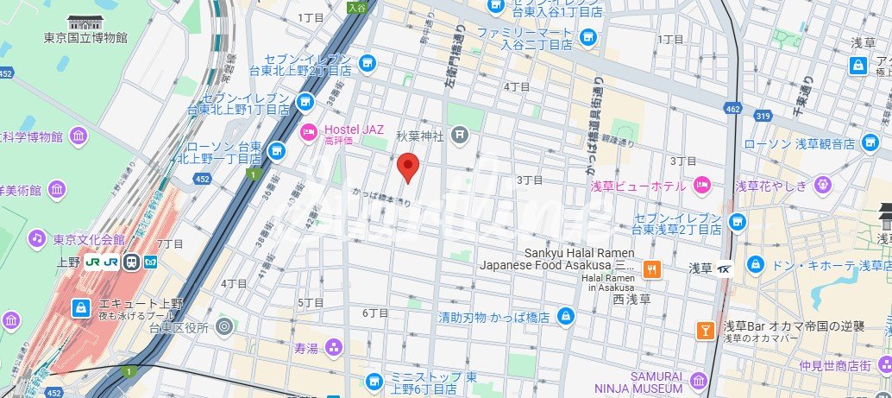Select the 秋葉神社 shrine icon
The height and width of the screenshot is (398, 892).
click(461, 134)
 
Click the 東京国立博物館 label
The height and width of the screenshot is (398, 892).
click(85, 38)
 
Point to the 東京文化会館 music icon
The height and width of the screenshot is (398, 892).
click(36, 237)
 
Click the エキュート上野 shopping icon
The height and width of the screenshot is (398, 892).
click(80, 307)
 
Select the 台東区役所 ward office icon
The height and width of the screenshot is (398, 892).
click(224, 326)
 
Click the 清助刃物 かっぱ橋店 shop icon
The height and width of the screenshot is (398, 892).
click(565, 316)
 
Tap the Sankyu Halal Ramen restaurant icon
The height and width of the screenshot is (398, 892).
click(652, 268)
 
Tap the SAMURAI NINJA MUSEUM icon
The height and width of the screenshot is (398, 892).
click(697, 381)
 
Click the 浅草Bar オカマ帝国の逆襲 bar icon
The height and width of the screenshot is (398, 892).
click(705, 330)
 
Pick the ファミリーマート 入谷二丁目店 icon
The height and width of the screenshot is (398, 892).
click(588, 37)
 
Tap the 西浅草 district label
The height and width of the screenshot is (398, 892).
click(631, 300)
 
